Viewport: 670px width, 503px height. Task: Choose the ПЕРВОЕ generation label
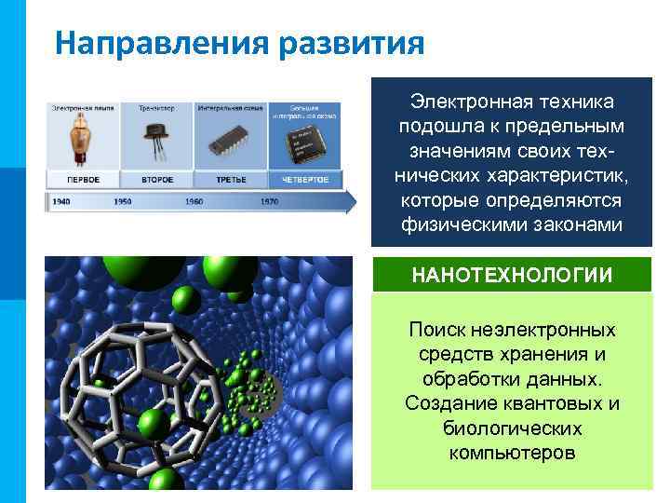click(x=84, y=178)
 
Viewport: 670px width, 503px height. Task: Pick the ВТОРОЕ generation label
click(x=157, y=178)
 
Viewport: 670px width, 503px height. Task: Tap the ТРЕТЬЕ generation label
click(x=232, y=178)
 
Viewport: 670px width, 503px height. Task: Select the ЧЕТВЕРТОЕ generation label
click(x=306, y=178)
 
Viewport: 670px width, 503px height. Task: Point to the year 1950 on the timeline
click(x=123, y=201)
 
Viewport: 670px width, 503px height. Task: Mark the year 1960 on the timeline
click(x=194, y=201)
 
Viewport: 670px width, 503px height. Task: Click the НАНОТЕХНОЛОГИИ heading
click(x=512, y=275)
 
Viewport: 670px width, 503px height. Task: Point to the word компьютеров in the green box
click(x=512, y=453)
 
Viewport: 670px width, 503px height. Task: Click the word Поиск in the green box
click(x=435, y=330)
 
